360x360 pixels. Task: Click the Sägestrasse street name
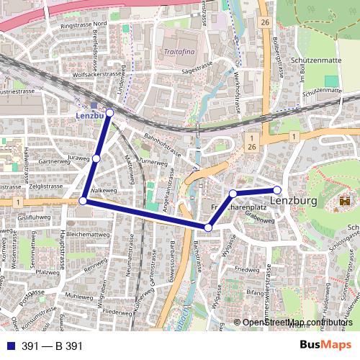tap(199, 71)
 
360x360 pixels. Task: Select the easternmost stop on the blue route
tap(277, 190)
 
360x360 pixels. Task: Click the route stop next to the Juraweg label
tap(96, 158)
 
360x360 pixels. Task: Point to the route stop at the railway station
tap(109, 112)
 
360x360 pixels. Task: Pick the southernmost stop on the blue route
tap(208, 228)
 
